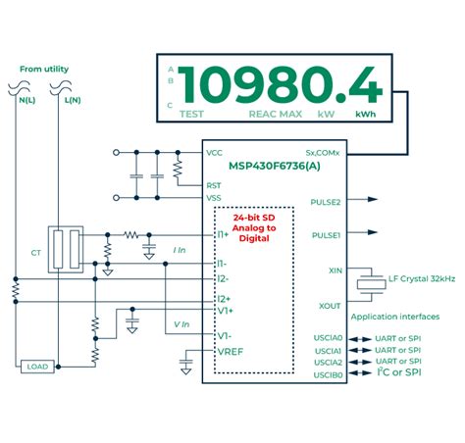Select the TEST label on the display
192,114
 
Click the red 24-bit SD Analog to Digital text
254,227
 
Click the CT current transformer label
36,252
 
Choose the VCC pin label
215,153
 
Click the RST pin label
214,184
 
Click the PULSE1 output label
325,235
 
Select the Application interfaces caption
394,317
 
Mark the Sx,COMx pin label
323,153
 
